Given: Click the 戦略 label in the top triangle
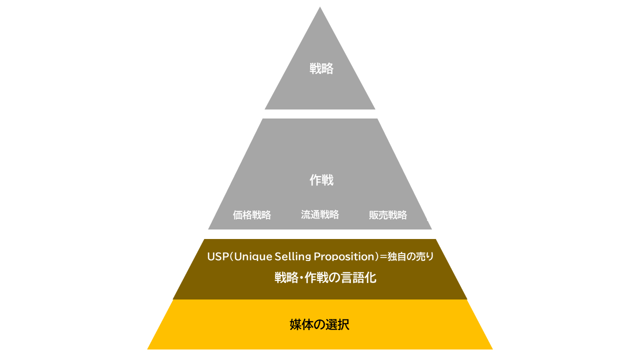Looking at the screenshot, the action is tap(321, 68).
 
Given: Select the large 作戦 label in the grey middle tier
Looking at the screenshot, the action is tap(321, 180).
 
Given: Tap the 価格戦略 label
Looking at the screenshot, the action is tap(251, 215).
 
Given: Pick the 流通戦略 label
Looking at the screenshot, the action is tap(319, 214).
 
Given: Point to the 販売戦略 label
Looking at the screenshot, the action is tap(387, 215).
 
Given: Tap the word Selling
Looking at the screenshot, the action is tap(293, 256).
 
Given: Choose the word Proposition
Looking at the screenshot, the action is tap(344, 256).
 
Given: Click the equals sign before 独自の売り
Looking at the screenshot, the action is tap(383, 256).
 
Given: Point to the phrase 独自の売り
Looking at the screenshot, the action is tap(410, 256).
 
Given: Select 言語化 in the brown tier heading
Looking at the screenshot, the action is tap(358, 277).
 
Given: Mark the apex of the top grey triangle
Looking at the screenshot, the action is tap(319, 7).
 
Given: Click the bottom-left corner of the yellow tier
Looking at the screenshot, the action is tap(147, 349).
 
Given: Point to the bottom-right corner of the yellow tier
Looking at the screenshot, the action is tap(492, 349).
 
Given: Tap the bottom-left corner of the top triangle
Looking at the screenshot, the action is tap(265, 109).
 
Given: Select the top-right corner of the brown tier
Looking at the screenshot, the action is tap(435, 239).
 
